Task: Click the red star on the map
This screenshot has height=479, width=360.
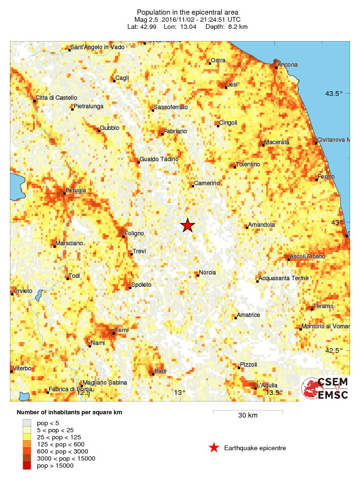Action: (x=188, y=225)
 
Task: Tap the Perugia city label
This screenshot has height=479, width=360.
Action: (x=76, y=190)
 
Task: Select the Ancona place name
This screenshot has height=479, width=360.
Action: (x=288, y=65)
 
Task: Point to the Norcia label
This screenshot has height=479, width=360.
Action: (x=207, y=273)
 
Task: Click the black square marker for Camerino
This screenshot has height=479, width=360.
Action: (x=194, y=185)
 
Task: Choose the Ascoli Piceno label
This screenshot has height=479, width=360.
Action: (x=308, y=257)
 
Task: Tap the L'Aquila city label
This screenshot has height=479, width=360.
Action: (x=267, y=385)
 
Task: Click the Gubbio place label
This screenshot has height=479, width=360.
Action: (x=110, y=128)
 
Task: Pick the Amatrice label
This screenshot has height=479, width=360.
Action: (x=249, y=315)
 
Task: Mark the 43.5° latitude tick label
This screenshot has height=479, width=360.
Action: (x=334, y=94)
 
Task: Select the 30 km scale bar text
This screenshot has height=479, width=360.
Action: (x=248, y=416)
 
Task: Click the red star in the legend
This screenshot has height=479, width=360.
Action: (x=214, y=448)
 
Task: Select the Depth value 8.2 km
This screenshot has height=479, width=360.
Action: (x=237, y=27)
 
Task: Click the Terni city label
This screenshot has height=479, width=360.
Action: (x=122, y=329)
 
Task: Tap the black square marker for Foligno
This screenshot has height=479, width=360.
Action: (x=124, y=236)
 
